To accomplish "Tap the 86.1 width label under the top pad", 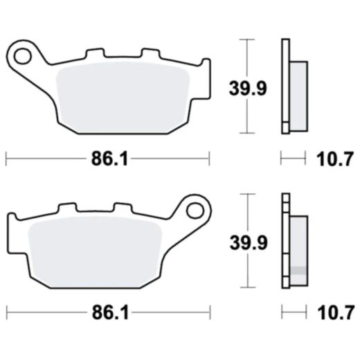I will tap(109, 159).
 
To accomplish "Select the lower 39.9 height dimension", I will tap(247, 242).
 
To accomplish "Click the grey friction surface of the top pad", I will tap(125, 93).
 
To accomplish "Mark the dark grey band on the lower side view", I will tap(298, 270).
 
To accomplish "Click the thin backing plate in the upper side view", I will tap(284, 87).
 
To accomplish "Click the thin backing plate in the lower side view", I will tap(284, 242).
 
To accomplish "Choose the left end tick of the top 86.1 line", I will tap(6, 159).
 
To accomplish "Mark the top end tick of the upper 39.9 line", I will tap(247, 39).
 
